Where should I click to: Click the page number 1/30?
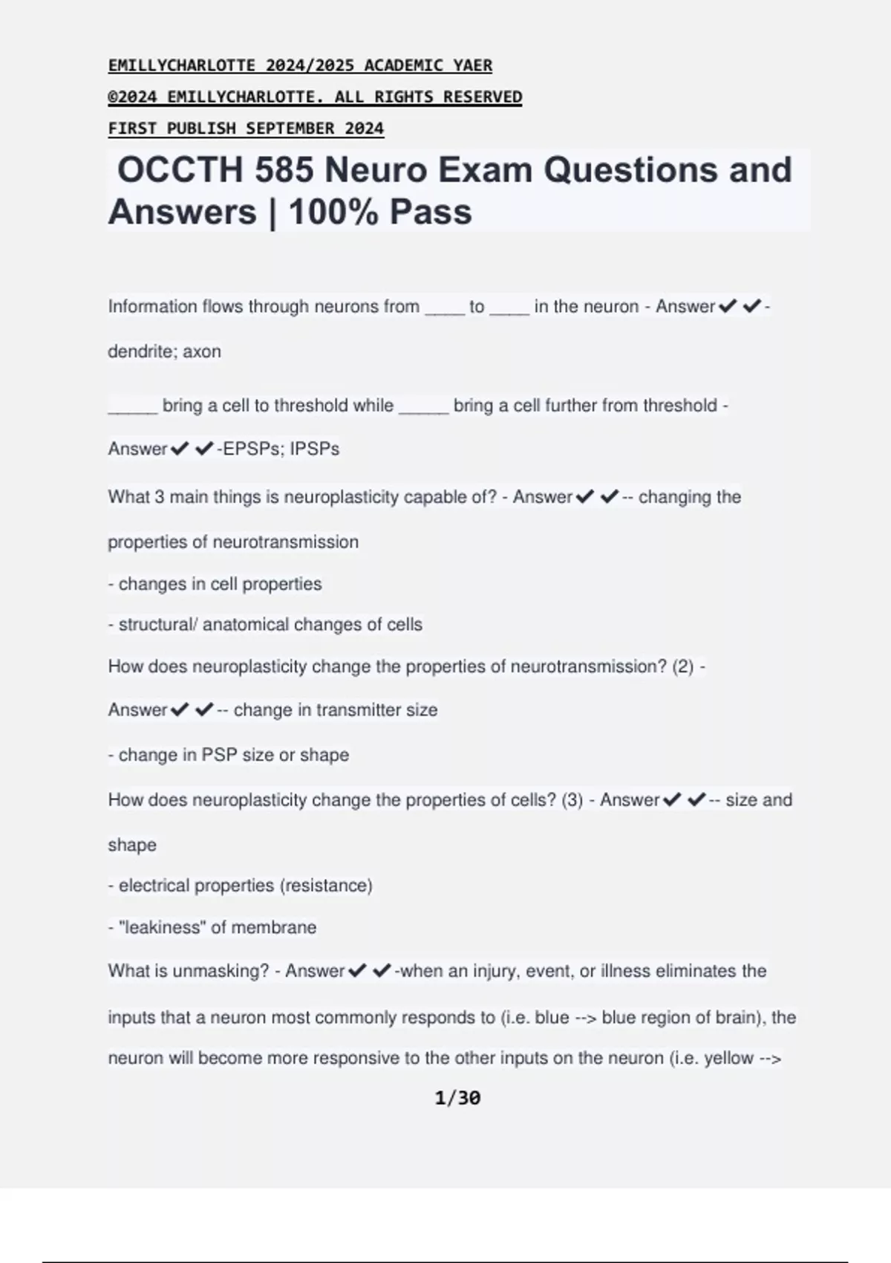pos(457,1098)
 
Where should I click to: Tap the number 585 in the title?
pos(284,170)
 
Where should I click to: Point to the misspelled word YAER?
pos(473,65)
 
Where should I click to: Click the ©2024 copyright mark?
pos(133,97)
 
